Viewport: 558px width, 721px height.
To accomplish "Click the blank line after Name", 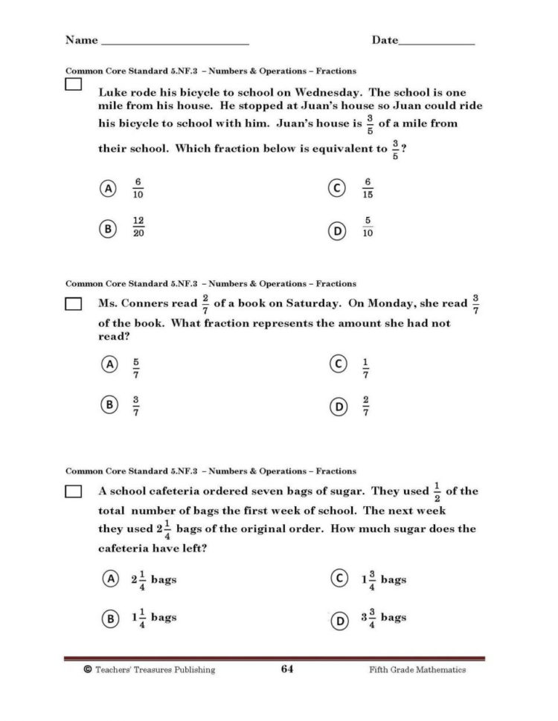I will (175, 43).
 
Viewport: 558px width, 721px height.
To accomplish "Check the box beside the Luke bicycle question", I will (73, 86).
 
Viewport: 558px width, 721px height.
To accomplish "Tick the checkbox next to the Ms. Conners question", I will (73, 304).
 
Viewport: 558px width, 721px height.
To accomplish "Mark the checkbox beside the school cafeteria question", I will (73, 492).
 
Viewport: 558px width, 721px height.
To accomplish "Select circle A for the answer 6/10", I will (109, 189).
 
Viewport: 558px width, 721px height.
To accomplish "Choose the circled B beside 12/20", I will (109, 227).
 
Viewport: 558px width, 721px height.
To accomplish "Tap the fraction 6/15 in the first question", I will (368, 189).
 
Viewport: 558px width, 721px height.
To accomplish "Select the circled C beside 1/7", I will (338, 364).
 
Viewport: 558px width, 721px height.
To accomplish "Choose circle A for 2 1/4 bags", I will (109, 579).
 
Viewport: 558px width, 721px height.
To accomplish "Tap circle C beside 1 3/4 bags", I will (338, 579).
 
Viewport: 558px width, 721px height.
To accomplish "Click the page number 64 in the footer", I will (287, 669).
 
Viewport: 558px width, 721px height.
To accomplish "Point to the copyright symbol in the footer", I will (88, 669).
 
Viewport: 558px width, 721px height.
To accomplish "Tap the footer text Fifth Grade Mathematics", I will (417, 669).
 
